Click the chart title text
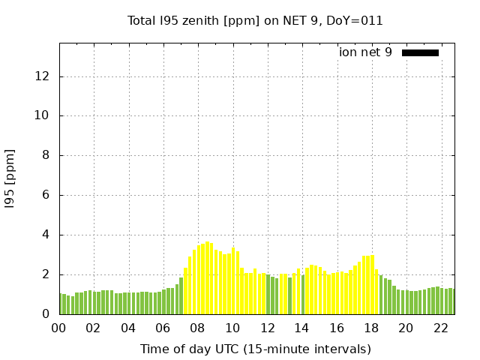point(255,20)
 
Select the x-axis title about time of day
point(255,349)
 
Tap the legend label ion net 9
point(365,52)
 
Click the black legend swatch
point(420,52)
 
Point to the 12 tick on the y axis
point(43,76)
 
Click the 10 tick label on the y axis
point(43,116)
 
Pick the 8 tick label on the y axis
point(46,156)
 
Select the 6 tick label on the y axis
point(46,196)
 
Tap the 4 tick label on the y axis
point(46,235)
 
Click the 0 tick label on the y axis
point(46,314)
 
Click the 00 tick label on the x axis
point(58,328)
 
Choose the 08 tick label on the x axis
point(197,328)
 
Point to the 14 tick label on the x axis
point(301,328)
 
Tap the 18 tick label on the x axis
point(370,328)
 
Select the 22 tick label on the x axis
point(440,328)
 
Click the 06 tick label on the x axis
point(163,328)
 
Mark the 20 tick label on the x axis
point(406,328)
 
